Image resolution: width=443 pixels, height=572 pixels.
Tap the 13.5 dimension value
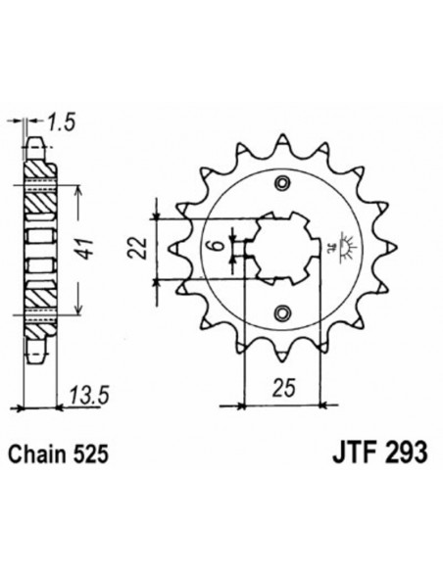click(86, 397)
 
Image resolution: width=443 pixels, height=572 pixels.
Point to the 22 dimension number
click(144, 244)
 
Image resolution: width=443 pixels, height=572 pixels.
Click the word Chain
click(42, 455)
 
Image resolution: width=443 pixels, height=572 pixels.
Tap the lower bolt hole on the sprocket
click(283, 310)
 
